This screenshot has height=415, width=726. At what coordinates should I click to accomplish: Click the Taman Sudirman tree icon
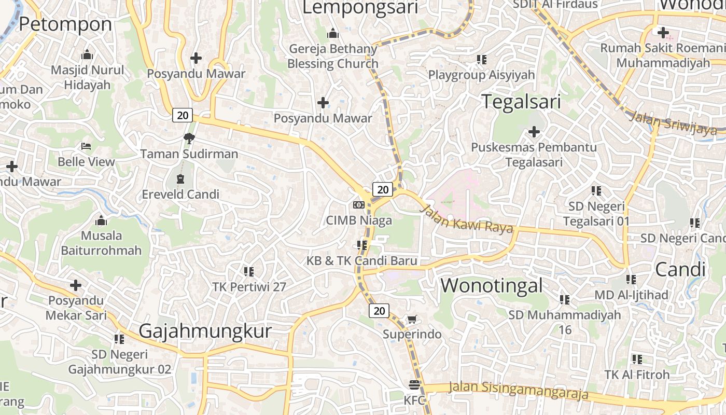point(189,138)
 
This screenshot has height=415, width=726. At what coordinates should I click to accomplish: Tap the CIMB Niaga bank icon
point(359,205)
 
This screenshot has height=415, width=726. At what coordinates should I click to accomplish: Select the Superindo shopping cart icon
point(412,319)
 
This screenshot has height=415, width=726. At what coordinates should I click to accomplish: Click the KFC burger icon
point(414,385)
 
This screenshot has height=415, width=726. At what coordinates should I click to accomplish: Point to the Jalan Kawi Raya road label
point(466,219)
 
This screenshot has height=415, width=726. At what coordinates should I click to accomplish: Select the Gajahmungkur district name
point(205,331)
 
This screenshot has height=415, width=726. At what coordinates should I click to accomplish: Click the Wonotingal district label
point(492,285)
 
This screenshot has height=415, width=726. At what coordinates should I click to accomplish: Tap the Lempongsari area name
point(360,7)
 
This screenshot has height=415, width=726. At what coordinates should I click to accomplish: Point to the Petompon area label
point(65,24)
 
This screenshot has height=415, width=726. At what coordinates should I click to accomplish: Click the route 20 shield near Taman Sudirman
point(183,115)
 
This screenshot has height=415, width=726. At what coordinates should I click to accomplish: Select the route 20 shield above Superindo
point(379,311)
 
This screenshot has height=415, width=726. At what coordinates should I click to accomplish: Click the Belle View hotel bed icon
point(86,147)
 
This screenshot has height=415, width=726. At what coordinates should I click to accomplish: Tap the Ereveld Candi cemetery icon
point(180,179)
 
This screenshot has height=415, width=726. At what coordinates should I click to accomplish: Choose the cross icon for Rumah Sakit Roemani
point(663,33)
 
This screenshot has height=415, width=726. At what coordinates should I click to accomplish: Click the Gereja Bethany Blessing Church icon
point(333,34)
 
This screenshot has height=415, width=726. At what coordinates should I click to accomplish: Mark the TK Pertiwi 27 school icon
point(249,271)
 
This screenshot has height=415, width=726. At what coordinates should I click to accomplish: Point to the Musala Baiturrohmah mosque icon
point(101,220)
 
